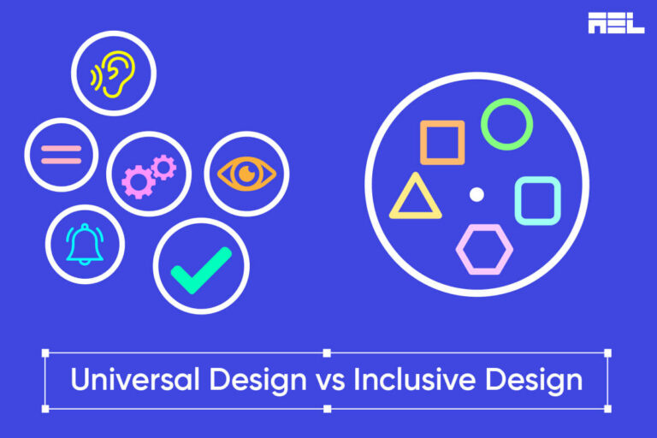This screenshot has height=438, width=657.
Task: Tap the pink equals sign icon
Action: (62, 155)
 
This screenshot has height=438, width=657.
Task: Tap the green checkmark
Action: (200, 268)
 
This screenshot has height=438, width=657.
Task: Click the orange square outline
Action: (442, 142)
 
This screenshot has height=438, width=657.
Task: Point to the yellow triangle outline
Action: (416, 198)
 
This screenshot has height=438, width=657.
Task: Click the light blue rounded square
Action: (537, 201)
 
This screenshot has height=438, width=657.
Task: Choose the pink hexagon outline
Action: (484, 249)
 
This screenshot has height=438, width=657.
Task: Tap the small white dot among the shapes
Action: (477, 195)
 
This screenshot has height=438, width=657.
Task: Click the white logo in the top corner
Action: (616, 23)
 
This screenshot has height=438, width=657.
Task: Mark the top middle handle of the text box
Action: (327, 352)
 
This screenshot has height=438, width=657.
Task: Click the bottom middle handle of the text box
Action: (327, 409)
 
